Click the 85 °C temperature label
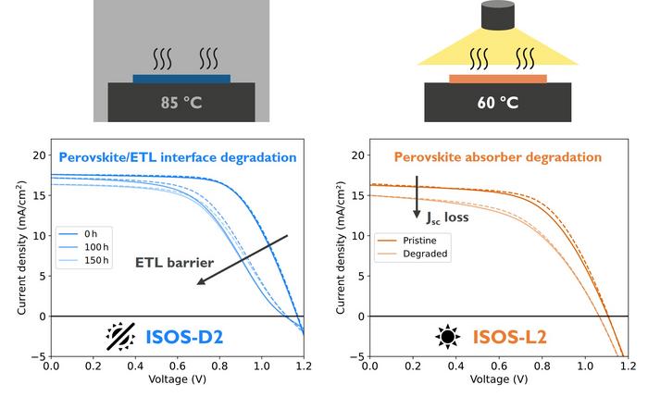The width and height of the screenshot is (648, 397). pos(181,103)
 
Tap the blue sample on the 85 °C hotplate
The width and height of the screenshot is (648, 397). pos(181,79)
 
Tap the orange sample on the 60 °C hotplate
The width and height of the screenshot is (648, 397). pos(498,79)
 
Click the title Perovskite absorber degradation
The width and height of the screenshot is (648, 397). pos(498,157)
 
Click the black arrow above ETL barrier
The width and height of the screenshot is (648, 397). pos(243,258)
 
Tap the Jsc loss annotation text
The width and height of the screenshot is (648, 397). pos(448,218)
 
